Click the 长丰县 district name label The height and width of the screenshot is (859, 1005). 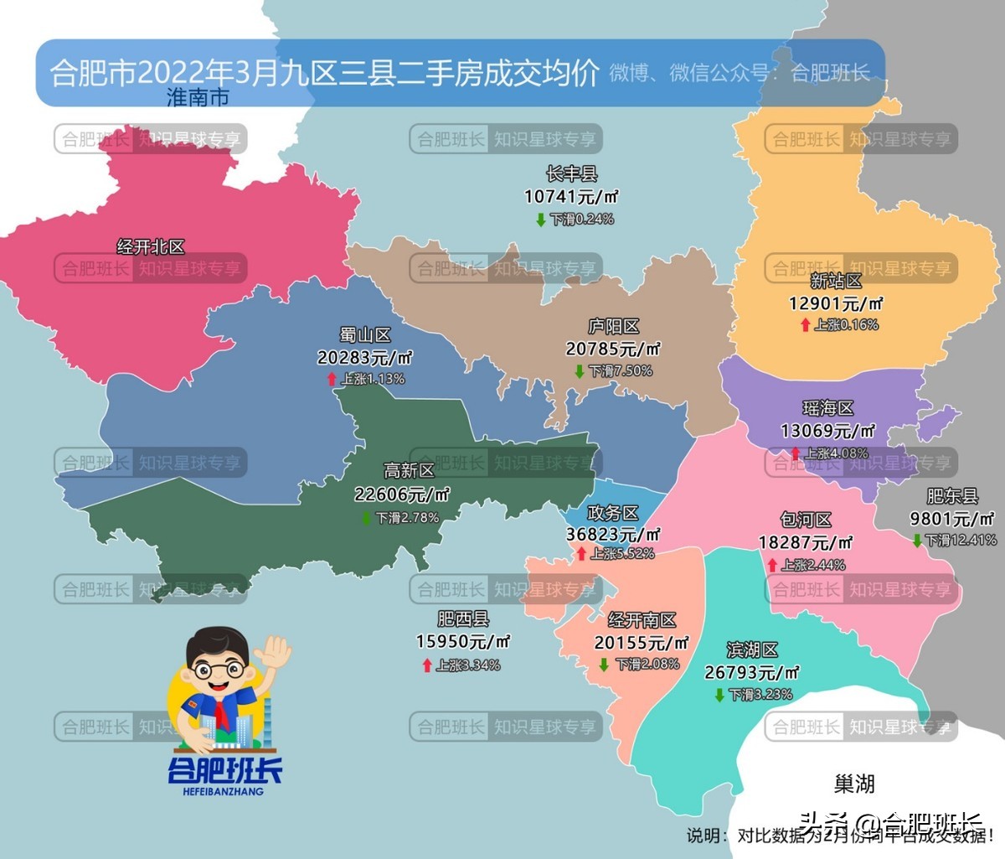[x=571, y=174]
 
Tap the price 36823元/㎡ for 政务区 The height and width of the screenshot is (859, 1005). [x=613, y=534]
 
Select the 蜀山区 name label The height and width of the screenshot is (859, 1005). [x=365, y=335]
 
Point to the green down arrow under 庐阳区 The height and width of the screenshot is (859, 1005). [x=579, y=371]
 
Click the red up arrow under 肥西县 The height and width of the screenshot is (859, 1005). [x=427, y=665]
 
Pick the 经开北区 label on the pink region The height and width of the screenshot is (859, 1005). [x=151, y=247]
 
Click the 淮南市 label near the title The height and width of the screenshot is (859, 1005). [x=198, y=97]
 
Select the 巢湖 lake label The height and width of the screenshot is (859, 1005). [x=854, y=784]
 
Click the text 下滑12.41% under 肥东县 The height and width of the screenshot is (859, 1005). [x=961, y=541]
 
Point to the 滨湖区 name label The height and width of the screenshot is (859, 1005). [x=752, y=650]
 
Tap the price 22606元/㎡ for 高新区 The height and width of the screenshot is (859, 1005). [x=402, y=494]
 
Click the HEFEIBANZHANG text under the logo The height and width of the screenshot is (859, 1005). [x=223, y=791]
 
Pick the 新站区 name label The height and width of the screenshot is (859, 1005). [x=836, y=282]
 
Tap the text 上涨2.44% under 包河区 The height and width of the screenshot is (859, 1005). [x=813, y=565]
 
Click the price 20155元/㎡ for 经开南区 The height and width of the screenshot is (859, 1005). [x=641, y=643]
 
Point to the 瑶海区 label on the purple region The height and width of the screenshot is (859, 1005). [x=828, y=409]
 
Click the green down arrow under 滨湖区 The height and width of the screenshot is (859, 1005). [x=719, y=695]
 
